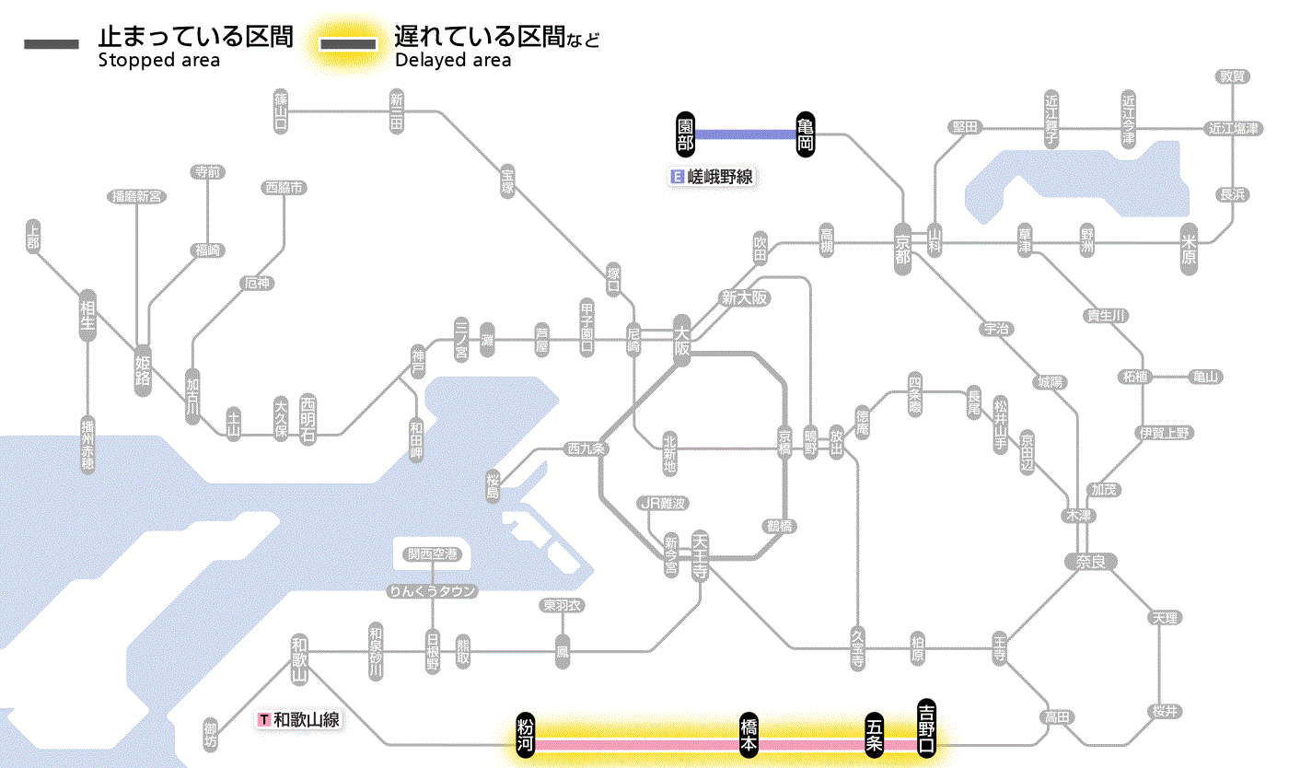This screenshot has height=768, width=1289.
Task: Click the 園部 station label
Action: click(685, 135)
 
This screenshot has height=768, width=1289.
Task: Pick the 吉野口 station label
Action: click(926, 727)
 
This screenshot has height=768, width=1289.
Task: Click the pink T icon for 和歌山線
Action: click(265, 719)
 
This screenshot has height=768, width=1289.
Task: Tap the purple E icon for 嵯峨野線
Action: click(679, 177)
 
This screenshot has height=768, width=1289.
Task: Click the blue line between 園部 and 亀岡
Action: click(746, 135)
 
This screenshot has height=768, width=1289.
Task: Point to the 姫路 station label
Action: click(143, 370)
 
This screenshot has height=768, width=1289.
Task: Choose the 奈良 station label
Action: click(1090, 561)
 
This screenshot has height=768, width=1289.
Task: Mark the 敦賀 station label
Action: click(1232, 76)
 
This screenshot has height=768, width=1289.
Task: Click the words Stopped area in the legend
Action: click(159, 61)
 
